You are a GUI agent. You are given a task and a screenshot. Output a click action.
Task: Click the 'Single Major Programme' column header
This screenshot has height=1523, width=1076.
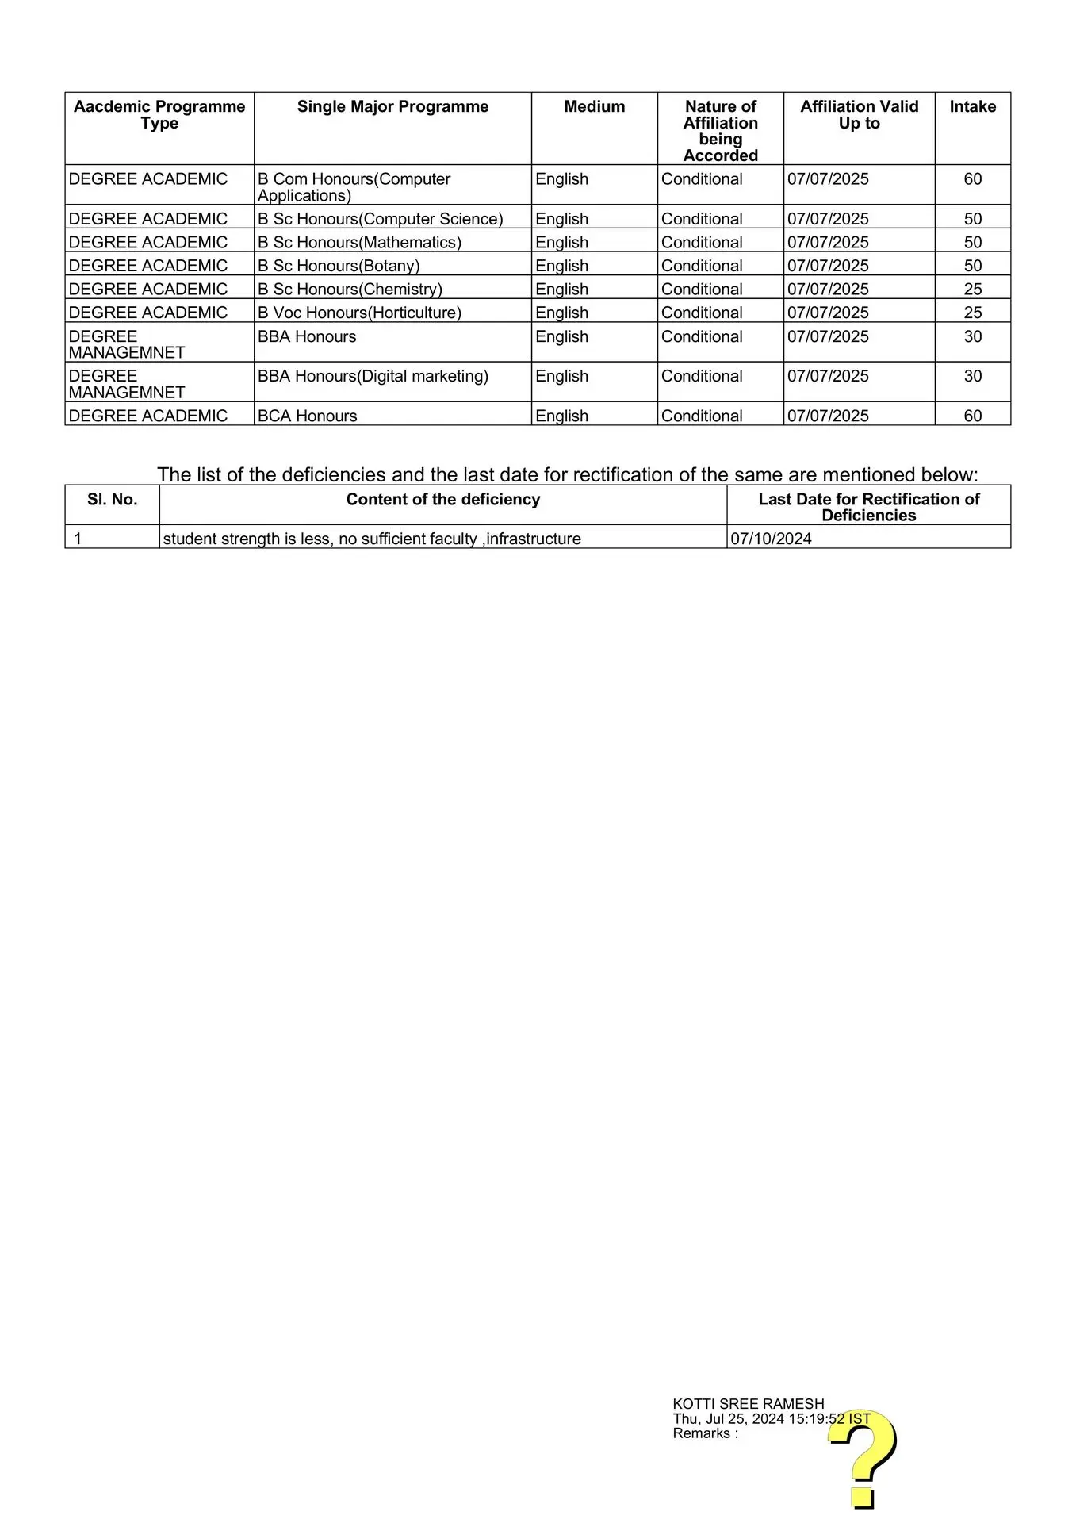[x=392, y=107]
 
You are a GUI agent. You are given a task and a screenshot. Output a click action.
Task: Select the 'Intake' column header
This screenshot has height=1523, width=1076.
[x=972, y=107]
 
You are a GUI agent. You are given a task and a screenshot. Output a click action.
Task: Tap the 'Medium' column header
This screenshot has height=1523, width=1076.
[x=594, y=107]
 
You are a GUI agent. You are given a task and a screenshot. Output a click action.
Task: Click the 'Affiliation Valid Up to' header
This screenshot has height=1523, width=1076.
[x=859, y=115]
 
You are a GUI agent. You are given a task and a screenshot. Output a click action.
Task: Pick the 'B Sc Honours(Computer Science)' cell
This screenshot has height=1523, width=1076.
[x=380, y=219]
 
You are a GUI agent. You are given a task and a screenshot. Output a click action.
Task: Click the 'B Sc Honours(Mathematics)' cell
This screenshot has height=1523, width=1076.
[x=359, y=243]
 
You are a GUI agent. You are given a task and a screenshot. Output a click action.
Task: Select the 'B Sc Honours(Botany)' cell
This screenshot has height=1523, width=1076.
[x=339, y=266]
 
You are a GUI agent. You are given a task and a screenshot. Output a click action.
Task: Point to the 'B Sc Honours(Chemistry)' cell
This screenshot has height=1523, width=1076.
[x=350, y=290]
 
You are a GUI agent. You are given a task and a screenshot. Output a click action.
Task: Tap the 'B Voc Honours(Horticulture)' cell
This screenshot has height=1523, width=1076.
[x=359, y=313]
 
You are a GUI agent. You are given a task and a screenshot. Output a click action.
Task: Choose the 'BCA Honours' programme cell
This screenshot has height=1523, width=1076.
[x=308, y=416]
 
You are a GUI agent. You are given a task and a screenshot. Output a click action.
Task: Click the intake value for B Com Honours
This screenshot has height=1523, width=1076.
[x=973, y=179]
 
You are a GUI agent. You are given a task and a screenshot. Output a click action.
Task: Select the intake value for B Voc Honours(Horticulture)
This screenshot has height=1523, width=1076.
[x=973, y=313]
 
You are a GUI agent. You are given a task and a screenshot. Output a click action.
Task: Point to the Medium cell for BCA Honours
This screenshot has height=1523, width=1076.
[x=561, y=416]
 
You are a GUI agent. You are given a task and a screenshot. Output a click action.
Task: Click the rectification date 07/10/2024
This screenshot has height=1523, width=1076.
[x=771, y=539]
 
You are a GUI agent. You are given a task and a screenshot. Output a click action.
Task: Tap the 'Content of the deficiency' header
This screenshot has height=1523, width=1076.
[x=442, y=500]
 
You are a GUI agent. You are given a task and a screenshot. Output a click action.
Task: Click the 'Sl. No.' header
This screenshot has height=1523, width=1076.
[x=112, y=500]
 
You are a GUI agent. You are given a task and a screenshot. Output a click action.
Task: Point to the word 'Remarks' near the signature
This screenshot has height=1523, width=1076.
[x=702, y=1433]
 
